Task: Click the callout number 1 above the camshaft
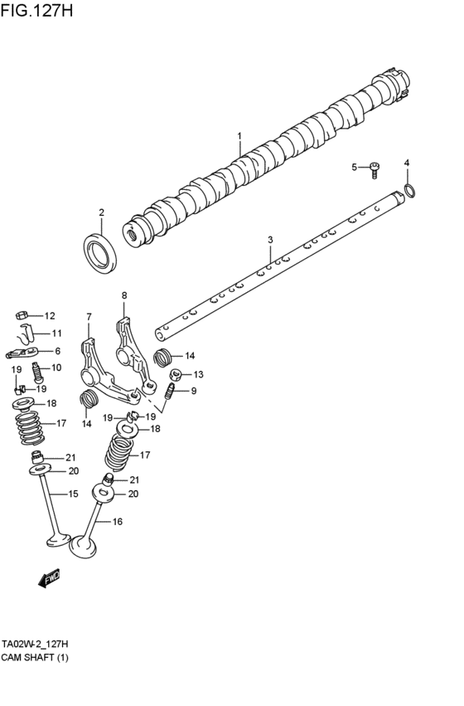point(239,135)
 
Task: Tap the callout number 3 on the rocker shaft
point(270,240)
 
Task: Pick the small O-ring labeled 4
point(408,192)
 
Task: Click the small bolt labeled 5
point(375,168)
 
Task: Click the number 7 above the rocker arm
point(89,316)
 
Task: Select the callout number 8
point(124,295)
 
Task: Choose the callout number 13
point(198,374)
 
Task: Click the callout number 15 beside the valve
point(73,494)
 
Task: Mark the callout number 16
point(117,522)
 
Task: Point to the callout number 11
point(57,334)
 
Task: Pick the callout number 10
point(56,368)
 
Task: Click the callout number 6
point(57,351)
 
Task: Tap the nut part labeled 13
point(176,374)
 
